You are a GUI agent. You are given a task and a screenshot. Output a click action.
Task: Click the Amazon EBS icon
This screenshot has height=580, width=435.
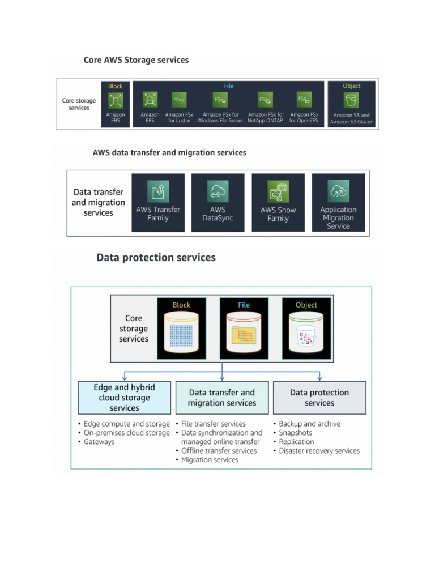pos(116,101)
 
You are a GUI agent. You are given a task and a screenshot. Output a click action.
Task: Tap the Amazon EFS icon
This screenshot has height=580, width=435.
pos(150,100)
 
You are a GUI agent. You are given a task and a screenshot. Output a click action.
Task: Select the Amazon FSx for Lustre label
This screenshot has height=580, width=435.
pos(179,118)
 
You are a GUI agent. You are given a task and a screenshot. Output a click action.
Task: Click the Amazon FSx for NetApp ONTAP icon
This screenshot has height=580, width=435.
pos(265,100)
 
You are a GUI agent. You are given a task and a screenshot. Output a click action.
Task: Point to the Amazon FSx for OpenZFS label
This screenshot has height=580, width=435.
pos(304,118)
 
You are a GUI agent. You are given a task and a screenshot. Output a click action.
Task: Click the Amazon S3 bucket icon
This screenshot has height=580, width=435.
pos(351,101)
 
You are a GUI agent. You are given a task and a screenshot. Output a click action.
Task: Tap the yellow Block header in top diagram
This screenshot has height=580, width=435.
pos(116,86)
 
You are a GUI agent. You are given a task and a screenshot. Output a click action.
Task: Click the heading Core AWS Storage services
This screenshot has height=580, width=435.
pos(136,59)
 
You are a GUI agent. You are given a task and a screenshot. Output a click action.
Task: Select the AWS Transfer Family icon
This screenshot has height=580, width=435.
pos(158,191)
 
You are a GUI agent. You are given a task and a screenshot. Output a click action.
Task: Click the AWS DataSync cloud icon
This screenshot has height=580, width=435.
pos(217,191)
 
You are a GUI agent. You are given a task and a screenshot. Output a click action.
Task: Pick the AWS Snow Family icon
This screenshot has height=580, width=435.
pos(278,191)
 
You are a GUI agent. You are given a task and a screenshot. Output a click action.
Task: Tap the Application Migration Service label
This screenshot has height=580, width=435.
pos(338,218)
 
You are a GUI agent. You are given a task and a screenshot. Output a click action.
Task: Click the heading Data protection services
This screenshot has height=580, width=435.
pos(156,258)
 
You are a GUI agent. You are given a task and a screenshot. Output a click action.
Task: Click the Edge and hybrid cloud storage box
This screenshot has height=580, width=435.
pos(124,398)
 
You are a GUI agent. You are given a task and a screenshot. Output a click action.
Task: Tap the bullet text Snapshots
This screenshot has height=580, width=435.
pos(296,433)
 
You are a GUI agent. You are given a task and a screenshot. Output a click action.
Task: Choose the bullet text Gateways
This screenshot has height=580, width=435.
pos(99,442)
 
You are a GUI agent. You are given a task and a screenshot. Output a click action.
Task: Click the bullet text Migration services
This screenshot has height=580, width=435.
pos(210,460)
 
